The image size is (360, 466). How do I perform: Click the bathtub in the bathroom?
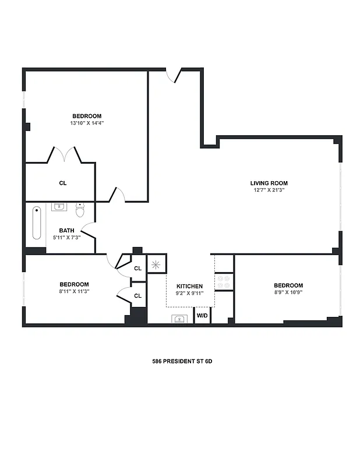coord(37,223)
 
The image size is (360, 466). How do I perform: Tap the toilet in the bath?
coord(80,209)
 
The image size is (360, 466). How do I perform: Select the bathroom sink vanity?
coord(59,207)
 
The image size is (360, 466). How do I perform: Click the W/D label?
coord(202,316)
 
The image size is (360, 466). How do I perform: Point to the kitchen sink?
coord(179,319)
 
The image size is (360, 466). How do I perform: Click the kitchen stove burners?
coord(224,283)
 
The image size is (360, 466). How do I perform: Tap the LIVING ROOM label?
coord(269,183)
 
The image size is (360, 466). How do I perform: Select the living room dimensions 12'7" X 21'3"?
coord(269,190)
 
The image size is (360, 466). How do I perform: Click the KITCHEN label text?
coord(190,286)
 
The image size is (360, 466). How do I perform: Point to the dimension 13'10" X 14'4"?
coord(87,123)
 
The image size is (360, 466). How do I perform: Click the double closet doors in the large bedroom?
coord(63,155)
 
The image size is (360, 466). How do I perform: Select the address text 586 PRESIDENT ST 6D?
coord(182,361)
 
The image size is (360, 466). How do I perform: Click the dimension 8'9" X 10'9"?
coord(288,292)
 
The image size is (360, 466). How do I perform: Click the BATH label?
coord(66,230)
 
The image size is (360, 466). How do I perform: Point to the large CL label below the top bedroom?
coord(63,183)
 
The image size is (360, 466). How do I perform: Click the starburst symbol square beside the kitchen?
coord(156,264)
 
